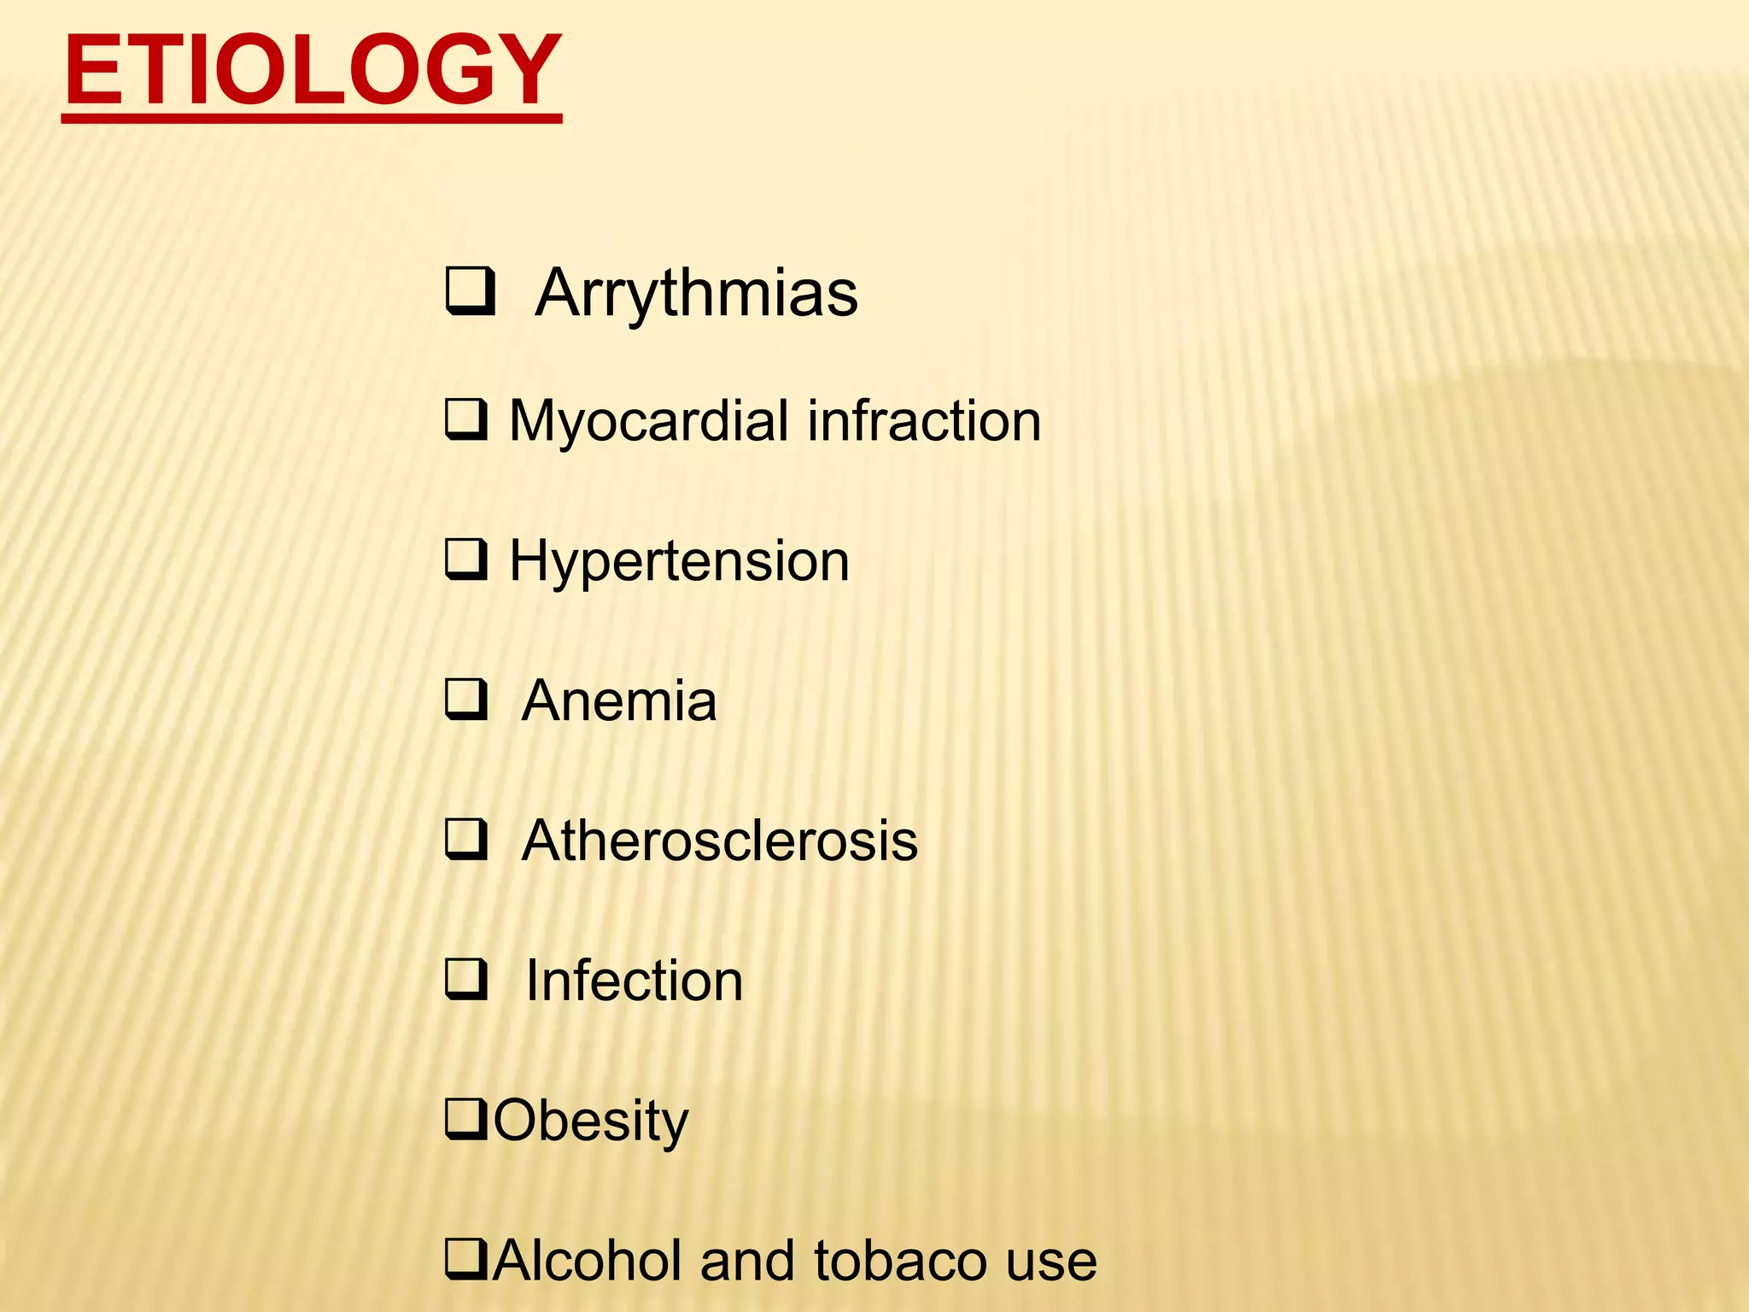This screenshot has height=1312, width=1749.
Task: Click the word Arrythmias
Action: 696,293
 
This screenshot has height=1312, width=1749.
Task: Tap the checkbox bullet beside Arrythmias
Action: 469,291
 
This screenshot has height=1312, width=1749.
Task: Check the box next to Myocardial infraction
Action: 466,419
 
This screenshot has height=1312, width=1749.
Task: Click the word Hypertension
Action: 679,562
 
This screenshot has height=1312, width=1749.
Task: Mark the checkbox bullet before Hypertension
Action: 466,559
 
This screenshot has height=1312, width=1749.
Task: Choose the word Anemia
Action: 619,701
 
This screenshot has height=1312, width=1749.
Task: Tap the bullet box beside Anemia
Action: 466,700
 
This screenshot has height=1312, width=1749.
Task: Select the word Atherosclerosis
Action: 719,840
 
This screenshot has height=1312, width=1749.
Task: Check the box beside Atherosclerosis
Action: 466,839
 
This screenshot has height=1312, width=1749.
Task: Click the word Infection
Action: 634,981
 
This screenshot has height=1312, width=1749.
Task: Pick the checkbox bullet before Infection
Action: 466,979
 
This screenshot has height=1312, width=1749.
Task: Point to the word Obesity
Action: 590,1121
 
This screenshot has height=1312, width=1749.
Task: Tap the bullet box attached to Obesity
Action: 466,1119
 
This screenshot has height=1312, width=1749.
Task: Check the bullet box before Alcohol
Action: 466,1259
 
